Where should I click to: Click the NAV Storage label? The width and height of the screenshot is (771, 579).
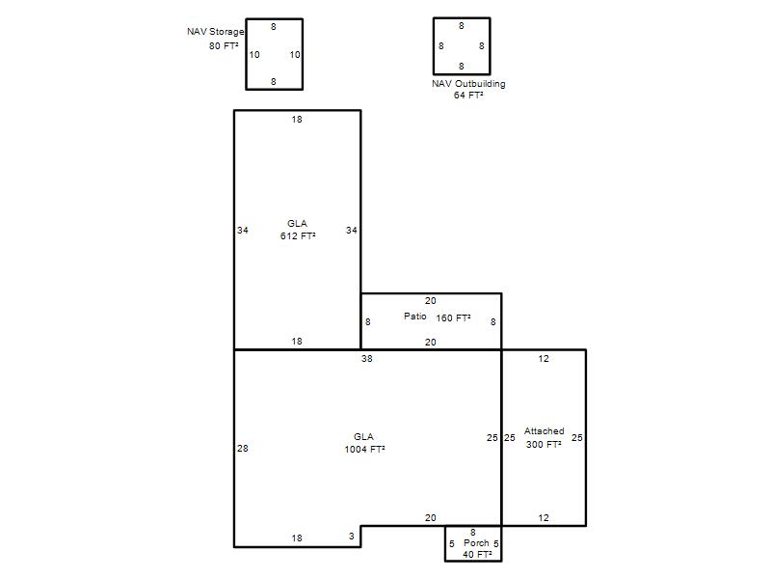[215, 32]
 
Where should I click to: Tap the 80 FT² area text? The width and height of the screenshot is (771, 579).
[224, 45]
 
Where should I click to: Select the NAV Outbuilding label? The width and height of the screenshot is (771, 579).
[468, 84]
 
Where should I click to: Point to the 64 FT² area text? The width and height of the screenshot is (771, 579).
[468, 95]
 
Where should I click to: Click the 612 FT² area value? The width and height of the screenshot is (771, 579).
[298, 235]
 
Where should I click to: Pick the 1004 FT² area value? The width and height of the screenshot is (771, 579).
[364, 449]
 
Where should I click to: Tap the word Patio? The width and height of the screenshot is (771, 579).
[415, 317]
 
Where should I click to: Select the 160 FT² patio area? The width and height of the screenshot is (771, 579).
[453, 318]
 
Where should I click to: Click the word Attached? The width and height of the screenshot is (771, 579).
[544, 431]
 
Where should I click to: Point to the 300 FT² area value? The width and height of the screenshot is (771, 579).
[544, 444]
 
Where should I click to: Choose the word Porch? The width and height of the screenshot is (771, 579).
[476, 543]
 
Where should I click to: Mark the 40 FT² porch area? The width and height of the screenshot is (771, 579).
[477, 554]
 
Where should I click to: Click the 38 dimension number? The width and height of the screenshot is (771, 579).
[367, 359]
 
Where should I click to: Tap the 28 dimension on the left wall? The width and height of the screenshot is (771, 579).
[243, 449]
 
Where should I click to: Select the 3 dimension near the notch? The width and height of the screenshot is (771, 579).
[352, 537]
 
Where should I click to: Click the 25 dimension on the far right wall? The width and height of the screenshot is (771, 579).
[576, 438]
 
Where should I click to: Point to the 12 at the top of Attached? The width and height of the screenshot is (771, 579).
[544, 359]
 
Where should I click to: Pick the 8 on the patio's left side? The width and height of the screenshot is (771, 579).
[368, 322]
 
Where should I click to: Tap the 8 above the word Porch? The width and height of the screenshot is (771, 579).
[473, 533]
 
